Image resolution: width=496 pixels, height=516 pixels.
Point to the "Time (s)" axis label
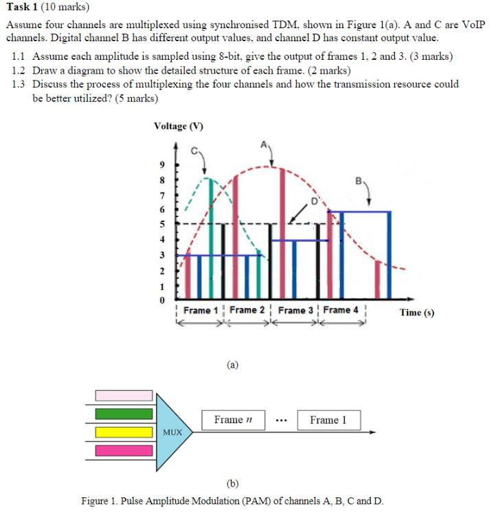[x=416, y=313]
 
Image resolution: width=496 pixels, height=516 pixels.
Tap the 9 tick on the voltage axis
[x=161, y=166]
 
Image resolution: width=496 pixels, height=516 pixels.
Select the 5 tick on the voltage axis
[x=161, y=223]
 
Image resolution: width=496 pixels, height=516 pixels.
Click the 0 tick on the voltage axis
[x=161, y=300]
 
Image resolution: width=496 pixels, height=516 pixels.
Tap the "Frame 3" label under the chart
[x=294, y=311]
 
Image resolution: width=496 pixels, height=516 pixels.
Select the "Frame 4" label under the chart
[x=341, y=310]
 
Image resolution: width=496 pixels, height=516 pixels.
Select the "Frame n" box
[x=229, y=420]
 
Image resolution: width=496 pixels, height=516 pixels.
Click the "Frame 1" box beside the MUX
[x=328, y=420]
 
